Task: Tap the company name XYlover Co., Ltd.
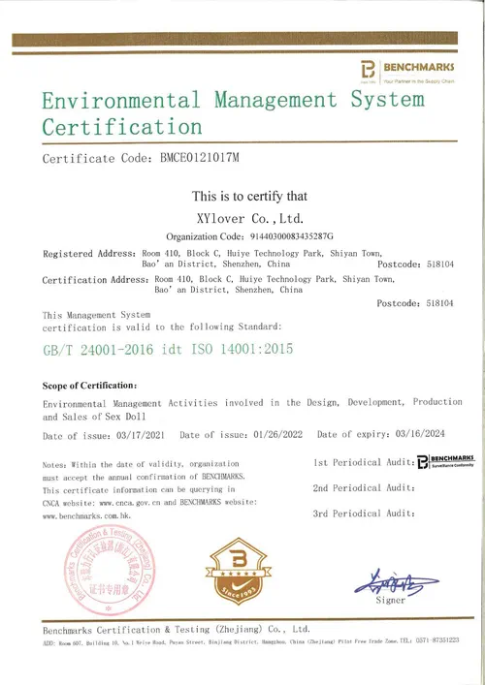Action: pos(248,218)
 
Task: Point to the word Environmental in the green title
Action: pos(119,101)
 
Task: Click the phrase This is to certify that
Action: pos(250,196)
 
